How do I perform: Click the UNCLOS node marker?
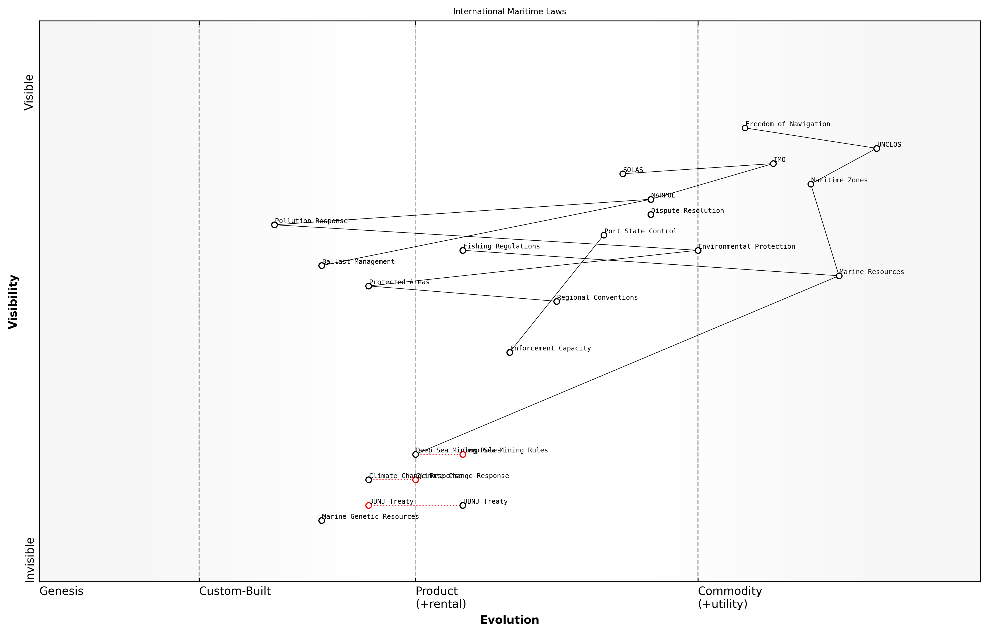[x=876, y=149]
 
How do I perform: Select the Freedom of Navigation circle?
[x=745, y=128]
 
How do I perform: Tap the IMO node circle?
[x=773, y=164]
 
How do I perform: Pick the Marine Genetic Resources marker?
[x=322, y=521]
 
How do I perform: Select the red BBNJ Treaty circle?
[x=369, y=506]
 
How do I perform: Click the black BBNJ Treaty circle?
[x=463, y=506]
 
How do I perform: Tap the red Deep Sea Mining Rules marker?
[x=463, y=455]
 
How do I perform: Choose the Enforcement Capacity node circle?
[x=510, y=352]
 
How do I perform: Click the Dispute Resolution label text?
[x=687, y=211]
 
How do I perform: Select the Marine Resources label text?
[x=871, y=272]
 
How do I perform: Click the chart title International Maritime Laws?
[x=509, y=12]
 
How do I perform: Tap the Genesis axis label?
[x=61, y=591]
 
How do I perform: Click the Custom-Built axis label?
[x=235, y=591]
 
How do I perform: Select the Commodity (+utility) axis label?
[x=730, y=597]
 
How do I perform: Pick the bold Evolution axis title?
[x=509, y=620]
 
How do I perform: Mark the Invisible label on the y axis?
[x=30, y=560]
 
